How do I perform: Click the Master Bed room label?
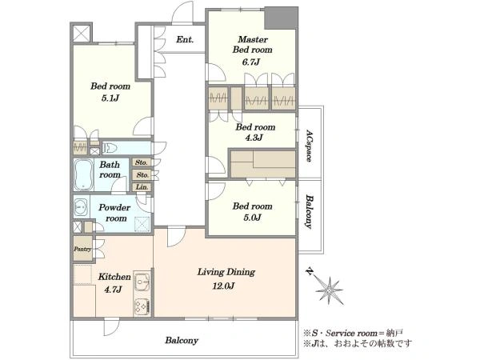point(252,44)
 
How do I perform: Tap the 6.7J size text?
point(250,62)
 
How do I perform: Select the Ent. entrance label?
point(185,39)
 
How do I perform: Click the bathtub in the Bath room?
point(83,174)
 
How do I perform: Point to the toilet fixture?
point(110,148)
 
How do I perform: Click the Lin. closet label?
point(142,186)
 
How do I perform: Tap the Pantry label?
point(82,249)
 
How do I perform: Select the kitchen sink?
point(142,282)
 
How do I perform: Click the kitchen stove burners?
point(142,306)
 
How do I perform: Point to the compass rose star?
point(329,290)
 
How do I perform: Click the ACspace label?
point(309,146)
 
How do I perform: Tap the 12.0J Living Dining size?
point(223,286)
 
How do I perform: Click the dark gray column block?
point(281,18)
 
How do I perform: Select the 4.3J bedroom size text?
point(254,138)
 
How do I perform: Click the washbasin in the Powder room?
point(81,207)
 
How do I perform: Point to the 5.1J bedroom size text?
point(110,98)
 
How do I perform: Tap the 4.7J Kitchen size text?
point(113,290)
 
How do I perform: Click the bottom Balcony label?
point(182,341)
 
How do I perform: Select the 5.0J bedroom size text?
point(252,218)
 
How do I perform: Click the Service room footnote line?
point(353,333)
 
